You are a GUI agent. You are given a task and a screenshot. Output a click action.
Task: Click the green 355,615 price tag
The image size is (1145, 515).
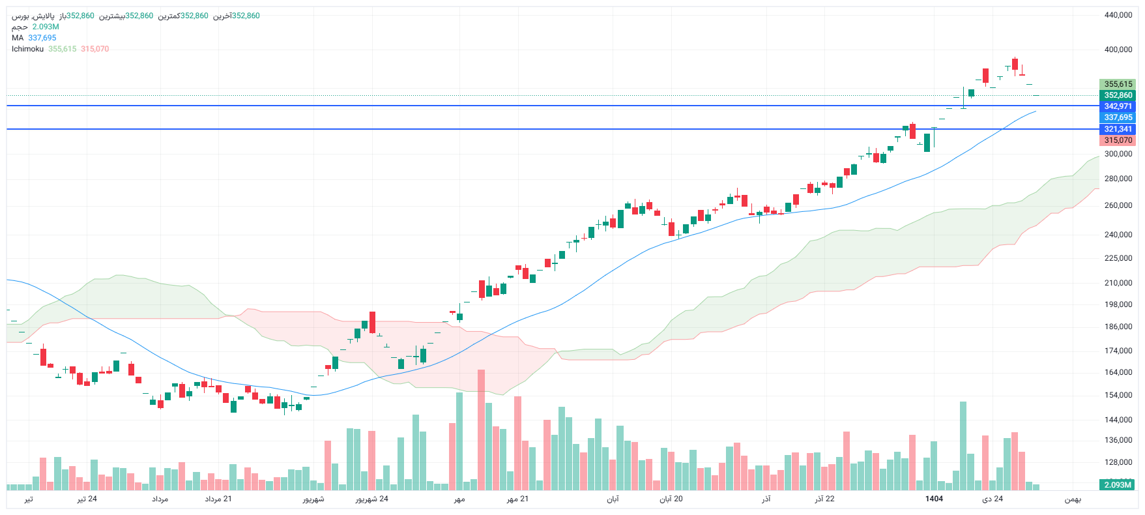(1118, 84)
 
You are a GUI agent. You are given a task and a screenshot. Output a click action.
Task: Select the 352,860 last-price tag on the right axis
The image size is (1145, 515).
(1118, 95)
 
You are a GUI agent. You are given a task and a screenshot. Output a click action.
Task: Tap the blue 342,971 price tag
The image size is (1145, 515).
(1118, 106)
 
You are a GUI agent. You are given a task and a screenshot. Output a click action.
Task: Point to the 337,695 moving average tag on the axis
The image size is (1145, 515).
(1118, 117)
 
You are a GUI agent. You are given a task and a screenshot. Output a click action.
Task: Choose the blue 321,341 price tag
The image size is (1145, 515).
(1118, 129)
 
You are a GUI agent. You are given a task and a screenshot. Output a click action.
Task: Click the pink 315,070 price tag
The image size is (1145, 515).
(1118, 140)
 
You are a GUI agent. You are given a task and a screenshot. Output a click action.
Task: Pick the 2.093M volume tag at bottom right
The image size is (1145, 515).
(1117, 484)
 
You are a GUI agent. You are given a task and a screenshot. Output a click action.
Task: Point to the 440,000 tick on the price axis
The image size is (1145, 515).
(1118, 15)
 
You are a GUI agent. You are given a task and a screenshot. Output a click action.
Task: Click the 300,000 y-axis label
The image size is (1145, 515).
(1118, 154)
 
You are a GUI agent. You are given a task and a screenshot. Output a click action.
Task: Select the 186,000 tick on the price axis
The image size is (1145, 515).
(1118, 327)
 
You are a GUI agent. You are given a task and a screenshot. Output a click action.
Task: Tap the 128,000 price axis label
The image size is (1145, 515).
(1118, 462)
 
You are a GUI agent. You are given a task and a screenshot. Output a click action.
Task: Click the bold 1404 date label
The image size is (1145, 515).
(934, 499)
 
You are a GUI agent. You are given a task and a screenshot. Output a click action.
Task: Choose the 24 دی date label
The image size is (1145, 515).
(993, 499)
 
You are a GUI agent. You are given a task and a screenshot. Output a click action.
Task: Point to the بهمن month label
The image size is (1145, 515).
(1073, 499)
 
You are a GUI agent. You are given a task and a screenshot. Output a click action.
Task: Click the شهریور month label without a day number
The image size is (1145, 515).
(313, 499)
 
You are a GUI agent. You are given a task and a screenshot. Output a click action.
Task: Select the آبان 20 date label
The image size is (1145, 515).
(671, 499)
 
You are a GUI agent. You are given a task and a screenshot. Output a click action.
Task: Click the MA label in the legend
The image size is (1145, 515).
(18, 38)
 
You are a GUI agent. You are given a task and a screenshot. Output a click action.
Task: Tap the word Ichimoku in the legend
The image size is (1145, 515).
(27, 49)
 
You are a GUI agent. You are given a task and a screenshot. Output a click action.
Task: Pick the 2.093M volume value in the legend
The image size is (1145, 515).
(46, 27)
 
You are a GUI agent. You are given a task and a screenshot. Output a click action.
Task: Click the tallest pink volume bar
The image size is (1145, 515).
(481, 430)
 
